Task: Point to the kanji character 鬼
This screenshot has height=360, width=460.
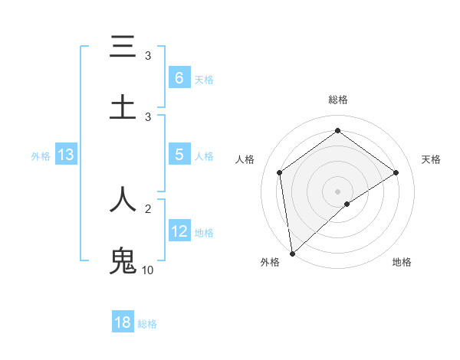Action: tap(123, 260)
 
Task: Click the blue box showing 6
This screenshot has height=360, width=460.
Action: tap(179, 77)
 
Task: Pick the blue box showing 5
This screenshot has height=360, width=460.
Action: tap(179, 155)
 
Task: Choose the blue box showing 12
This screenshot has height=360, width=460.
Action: tap(179, 232)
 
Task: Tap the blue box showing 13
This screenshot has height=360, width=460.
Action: tap(66, 155)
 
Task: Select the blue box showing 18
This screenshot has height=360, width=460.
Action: tap(123, 322)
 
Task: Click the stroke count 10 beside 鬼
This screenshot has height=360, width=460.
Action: tap(147, 270)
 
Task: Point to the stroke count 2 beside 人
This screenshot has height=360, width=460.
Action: tap(148, 208)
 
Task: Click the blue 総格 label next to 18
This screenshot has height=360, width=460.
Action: tap(147, 324)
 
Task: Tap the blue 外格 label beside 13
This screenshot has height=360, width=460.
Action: tap(41, 156)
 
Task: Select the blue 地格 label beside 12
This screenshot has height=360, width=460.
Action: tap(204, 233)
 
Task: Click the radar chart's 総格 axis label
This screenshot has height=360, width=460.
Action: tap(337, 100)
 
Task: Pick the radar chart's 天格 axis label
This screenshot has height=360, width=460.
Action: tap(431, 159)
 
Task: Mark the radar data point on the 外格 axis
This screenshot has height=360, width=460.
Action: tap(291, 253)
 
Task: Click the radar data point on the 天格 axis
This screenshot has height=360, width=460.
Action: tap(396, 172)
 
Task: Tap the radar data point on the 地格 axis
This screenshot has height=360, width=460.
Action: tap(347, 204)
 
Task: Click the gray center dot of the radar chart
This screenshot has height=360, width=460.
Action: tap(337, 191)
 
